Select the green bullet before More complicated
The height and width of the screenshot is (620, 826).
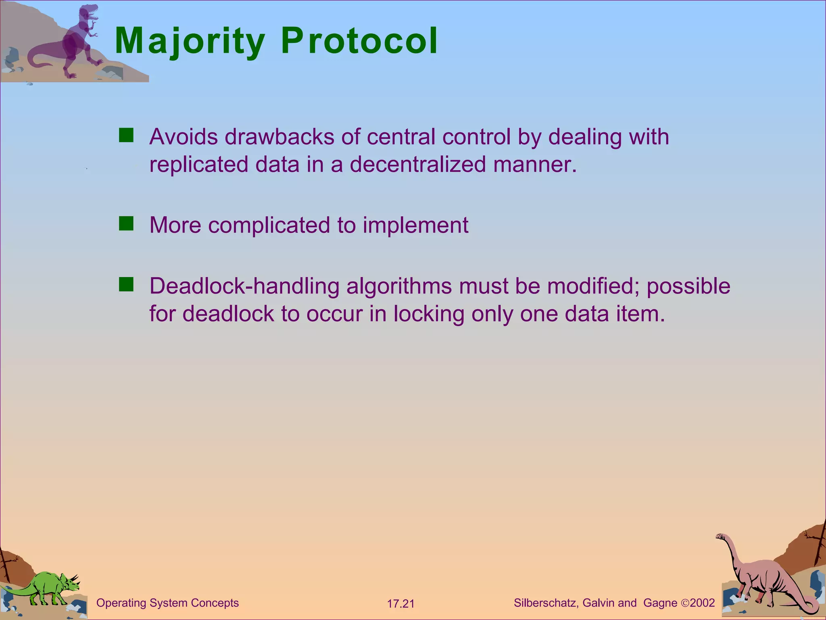126,223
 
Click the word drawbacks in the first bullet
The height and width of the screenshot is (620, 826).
279,137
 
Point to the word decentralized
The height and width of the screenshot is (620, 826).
417,165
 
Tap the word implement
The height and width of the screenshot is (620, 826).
415,225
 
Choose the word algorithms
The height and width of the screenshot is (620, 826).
399,287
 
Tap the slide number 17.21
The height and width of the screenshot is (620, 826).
400,604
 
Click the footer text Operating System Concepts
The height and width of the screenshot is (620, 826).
167,603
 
